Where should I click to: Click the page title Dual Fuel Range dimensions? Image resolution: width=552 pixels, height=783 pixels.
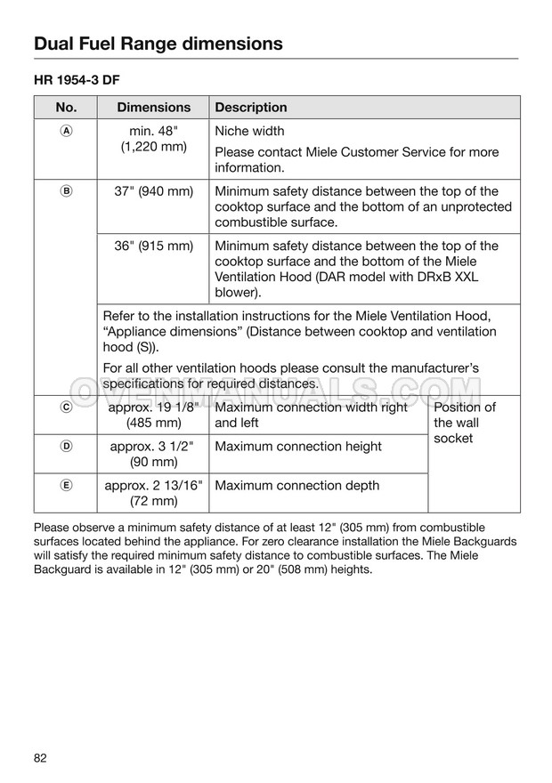click(x=158, y=43)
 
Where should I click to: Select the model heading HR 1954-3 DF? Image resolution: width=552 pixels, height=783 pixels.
click(x=77, y=80)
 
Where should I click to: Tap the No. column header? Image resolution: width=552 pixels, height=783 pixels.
click(x=66, y=108)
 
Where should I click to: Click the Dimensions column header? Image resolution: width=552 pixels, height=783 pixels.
click(x=154, y=108)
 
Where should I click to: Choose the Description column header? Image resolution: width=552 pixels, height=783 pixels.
click(x=251, y=108)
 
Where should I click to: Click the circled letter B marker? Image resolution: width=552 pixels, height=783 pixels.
click(x=66, y=191)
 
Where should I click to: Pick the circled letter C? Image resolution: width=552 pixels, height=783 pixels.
click(x=66, y=408)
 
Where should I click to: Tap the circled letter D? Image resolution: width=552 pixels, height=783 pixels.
click(x=66, y=447)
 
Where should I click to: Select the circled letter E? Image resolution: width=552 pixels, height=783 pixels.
click(x=66, y=486)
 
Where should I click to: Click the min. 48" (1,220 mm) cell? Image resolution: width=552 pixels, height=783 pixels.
click(x=154, y=139)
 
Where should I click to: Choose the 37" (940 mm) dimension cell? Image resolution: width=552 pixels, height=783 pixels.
click(x=154, y=191)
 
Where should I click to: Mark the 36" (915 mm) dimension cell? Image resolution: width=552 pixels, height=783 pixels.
click(x=154, y=246)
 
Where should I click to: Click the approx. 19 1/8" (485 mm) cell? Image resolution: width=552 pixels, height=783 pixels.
click(x=154, y=416)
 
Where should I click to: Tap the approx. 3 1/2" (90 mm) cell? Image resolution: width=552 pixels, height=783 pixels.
click(x=154, y=455)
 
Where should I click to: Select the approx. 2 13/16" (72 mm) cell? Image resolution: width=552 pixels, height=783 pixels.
click(x=154, y=494)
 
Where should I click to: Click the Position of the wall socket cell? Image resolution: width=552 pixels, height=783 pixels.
click(x=464, y=423)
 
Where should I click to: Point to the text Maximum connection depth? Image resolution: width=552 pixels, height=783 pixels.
click(x=296, y=486)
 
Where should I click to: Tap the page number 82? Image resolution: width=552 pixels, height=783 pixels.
click(x=40, y=758)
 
